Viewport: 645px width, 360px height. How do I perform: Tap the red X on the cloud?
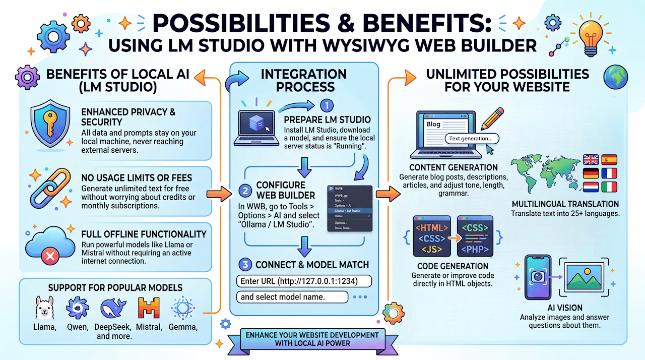50,257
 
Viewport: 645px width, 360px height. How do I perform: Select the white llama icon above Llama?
44,308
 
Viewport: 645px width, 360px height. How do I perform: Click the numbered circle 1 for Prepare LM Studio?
327,105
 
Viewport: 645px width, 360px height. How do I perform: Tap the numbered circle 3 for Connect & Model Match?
244,264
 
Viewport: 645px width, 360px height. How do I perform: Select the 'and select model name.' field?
292,297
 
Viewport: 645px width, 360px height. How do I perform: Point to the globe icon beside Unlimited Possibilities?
616,76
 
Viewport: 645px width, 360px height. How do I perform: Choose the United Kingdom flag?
590,160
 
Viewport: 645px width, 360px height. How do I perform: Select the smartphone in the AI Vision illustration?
537,278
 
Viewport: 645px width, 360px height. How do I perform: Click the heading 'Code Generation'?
453,266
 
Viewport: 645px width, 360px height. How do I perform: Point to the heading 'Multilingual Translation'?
565,204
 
